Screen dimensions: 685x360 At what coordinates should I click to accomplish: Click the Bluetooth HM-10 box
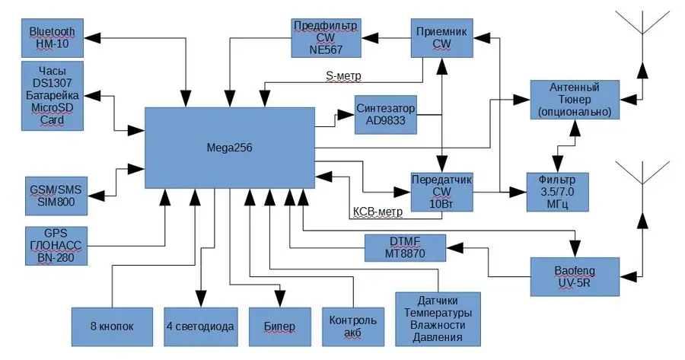point(53,38)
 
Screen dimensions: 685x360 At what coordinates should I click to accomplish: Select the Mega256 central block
point(230,148)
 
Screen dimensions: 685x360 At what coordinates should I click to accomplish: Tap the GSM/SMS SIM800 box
point(56,196)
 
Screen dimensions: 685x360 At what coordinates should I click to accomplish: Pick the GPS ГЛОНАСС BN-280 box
point(56,246)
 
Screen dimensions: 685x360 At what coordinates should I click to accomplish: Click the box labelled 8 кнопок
point(113,327)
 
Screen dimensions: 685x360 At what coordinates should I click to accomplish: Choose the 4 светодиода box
point(201,327)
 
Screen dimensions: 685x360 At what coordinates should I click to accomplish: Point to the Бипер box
point(280,327)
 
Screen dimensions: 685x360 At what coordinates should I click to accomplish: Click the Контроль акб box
point(353,327)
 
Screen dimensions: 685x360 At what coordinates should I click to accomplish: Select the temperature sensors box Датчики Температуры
point(438,319)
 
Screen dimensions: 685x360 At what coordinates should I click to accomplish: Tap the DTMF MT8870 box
point(405,247)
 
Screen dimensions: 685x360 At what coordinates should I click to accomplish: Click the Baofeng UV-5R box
point(575,276)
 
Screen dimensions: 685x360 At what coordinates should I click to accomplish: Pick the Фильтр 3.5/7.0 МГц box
point(557,193)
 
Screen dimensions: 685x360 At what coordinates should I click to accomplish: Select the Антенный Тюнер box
point(575,100)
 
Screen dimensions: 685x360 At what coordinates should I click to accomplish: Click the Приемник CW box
point(441,38)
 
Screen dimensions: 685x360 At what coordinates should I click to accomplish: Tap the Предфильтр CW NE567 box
point(326,38)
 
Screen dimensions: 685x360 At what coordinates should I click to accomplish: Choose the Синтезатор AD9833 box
point(386,115)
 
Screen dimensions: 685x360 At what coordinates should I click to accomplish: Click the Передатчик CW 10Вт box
point(441,193)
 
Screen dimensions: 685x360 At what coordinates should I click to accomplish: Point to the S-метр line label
point(343,76)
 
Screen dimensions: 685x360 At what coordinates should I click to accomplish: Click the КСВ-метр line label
point(378,212)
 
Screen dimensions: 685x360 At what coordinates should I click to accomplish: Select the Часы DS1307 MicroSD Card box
point(53,96)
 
